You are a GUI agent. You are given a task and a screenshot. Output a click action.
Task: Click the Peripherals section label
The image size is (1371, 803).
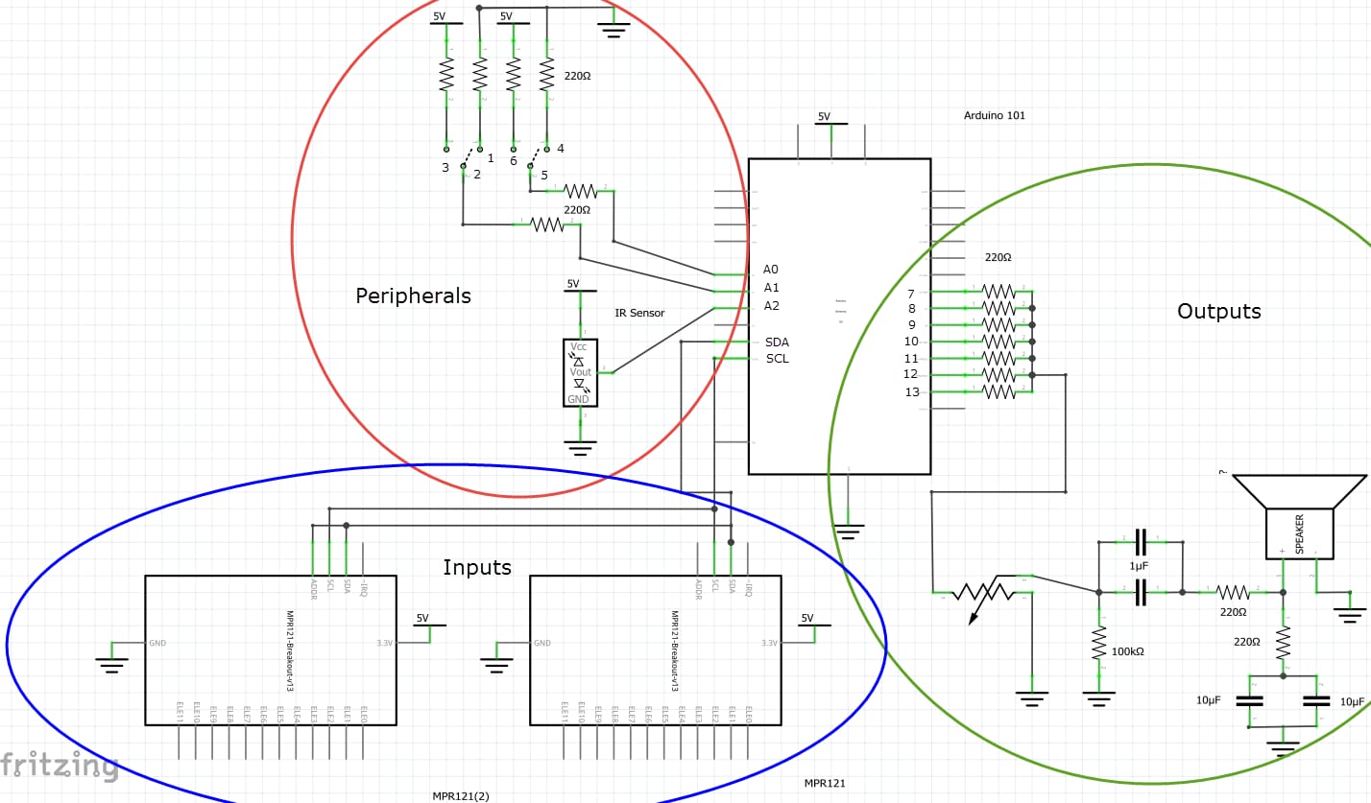[x=413, y=295]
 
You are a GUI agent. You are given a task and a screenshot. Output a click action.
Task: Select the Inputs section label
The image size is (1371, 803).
[x=476, y=567]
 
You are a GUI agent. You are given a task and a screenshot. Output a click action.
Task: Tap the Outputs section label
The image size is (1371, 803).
[x=1218, y=311]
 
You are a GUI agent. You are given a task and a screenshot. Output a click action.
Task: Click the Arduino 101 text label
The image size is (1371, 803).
[x=994, y=115]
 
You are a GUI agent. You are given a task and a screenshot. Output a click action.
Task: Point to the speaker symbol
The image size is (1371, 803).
[x=1299, y=517]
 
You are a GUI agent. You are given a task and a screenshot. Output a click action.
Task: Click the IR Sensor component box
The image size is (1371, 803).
[x=580, y=372]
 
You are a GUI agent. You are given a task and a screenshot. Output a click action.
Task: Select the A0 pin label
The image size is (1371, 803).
[x=771, y=270]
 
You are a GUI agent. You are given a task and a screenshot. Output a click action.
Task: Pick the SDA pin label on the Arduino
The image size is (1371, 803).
[x=777, y=342]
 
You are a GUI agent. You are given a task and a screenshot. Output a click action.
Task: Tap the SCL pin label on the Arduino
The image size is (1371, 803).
[x=777, y=359]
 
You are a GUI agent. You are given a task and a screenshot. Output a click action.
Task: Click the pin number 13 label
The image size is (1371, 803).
[x=911, y=391]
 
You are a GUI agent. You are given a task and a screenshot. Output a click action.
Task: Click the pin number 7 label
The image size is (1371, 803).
[x=910, y=294]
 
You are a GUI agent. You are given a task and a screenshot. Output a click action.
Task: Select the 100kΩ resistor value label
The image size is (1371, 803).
[x=1127, y=651]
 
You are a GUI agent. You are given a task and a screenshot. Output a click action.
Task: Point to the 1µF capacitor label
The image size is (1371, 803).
[x=1139, y=566]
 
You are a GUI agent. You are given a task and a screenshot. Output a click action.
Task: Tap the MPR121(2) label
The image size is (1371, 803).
[x=460, y=795]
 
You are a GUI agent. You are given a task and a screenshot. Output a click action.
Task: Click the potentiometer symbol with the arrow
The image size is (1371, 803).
[x=981, y=594]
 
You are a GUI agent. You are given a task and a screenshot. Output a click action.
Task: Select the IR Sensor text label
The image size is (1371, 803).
[x=639, y=313]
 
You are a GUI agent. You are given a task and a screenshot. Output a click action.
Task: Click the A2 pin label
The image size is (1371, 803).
[x=771, y=306]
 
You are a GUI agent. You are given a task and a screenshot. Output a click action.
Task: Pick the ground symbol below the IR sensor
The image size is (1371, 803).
[x=580, y=446]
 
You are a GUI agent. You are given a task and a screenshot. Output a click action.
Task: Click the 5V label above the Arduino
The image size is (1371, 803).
[x=824, y=117]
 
